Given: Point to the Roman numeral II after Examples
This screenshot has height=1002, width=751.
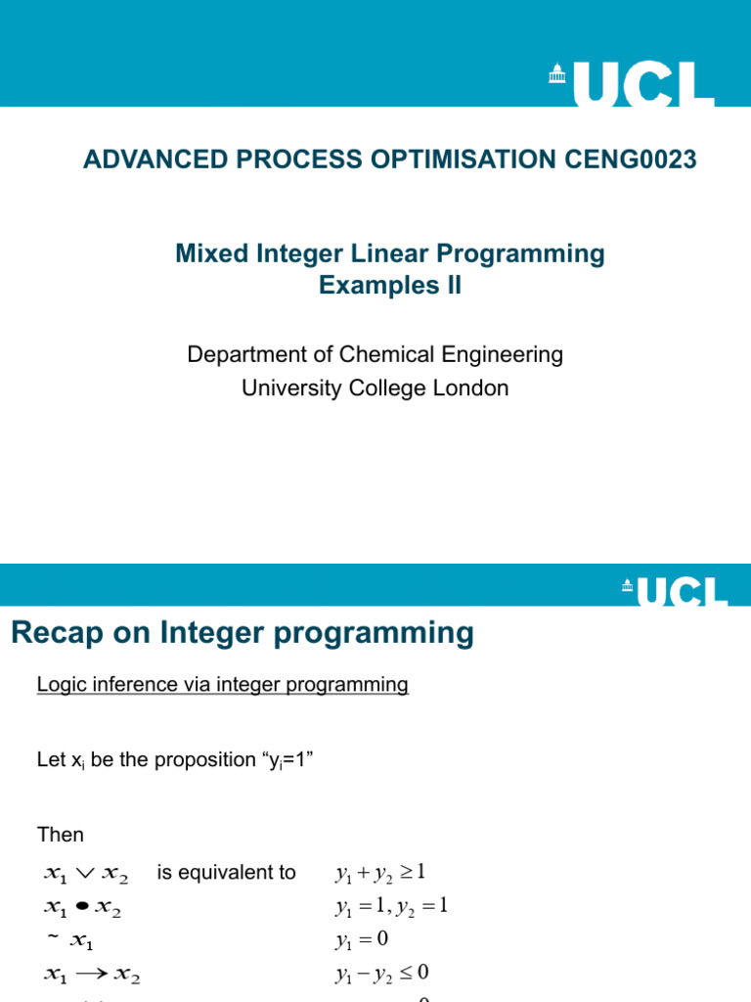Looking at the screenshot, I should coord(449,286).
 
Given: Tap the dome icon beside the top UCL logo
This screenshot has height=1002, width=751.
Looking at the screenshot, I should coord(556,74).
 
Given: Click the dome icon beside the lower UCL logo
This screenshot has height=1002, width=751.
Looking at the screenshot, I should coord(626,586).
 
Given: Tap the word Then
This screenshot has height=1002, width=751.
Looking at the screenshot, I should coord(61,835).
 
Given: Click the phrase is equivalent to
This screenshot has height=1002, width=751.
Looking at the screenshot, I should coord(226,873).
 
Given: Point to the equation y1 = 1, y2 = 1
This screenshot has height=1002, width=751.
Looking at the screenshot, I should coord(390,907).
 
